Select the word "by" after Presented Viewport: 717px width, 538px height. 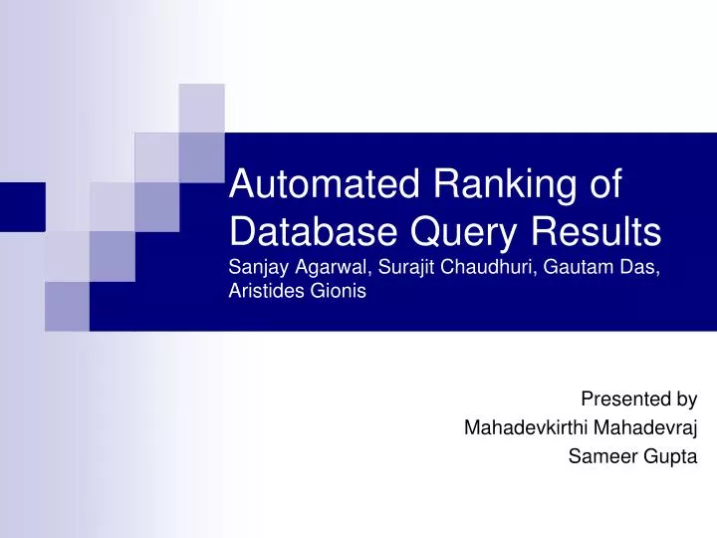(687, 401)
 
